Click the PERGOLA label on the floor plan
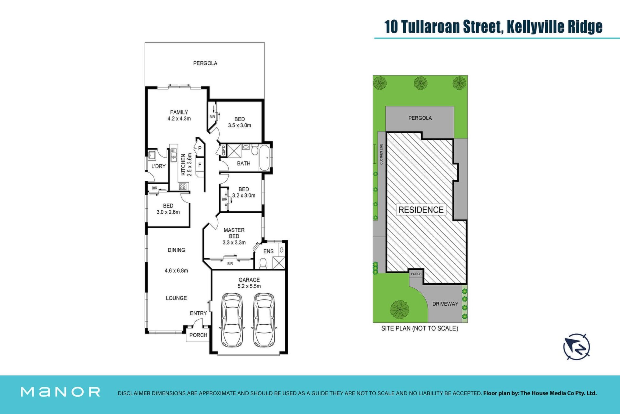click(x=205, y=63)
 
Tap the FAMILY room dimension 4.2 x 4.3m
click(x=179, y=119)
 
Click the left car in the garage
click(x=232, y=320)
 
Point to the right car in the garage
click(x=264, y=320)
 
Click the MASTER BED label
click(x=234, y=233)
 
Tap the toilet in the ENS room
click(x=263, y=263)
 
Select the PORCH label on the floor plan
click(x=198, y=335)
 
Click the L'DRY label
click(x=159, y=167)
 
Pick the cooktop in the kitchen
click(x=183, y=186)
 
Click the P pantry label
click(x=200, y=148)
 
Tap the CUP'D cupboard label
click(x=223, y=151)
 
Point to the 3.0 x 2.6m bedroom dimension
click(x=168, y=212)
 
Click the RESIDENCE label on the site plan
click(x=421, y=210)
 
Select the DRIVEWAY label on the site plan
click(x=445, y=304)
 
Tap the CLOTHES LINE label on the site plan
click(x=381, y=154)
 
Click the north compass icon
click(x=577, y=347)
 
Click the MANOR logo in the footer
click(x=60, y=392)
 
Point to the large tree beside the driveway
click(x=400, y=309)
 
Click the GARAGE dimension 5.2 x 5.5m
click(x=249, y=286)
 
